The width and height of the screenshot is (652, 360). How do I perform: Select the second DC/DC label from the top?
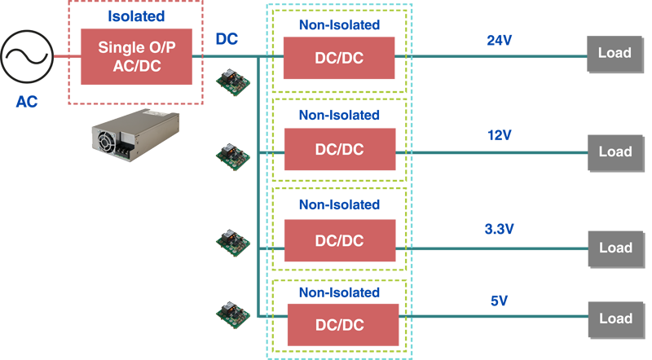(339, 150)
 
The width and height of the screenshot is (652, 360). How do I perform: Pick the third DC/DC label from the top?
(339, 240)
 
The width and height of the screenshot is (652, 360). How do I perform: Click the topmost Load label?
(615, 53)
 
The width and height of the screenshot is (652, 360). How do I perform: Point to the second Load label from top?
(615, 151)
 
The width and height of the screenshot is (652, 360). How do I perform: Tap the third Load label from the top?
(615, 248)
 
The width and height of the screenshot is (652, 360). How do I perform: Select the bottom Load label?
(615, 318)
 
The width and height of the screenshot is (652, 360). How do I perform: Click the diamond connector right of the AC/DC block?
(196, 55)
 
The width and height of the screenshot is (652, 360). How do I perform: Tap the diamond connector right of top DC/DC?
(399, 55)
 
